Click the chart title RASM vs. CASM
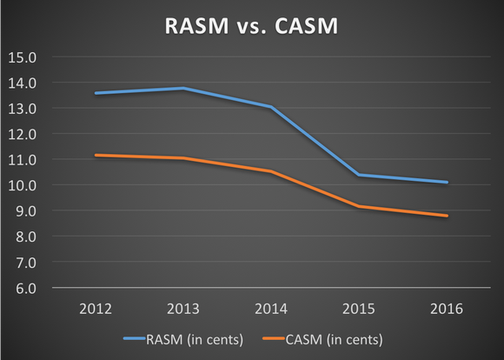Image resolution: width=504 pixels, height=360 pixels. pyautogui.click(x=252, y=27)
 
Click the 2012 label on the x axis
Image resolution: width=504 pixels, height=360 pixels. pyautogui.click(x=95, y=309)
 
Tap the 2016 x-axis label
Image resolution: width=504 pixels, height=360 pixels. pyautogui.click(x=447, y=309)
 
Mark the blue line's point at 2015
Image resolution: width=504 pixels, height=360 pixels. pyautogui.click(x=358, y=175)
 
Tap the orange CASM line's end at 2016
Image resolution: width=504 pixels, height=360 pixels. pyautogui.click(x=447, y=216)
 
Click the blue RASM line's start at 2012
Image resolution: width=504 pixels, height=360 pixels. pyautogui.click(x=95, y=93)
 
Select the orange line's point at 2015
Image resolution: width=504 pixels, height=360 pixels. pyautogui.click(x=358, y=206)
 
